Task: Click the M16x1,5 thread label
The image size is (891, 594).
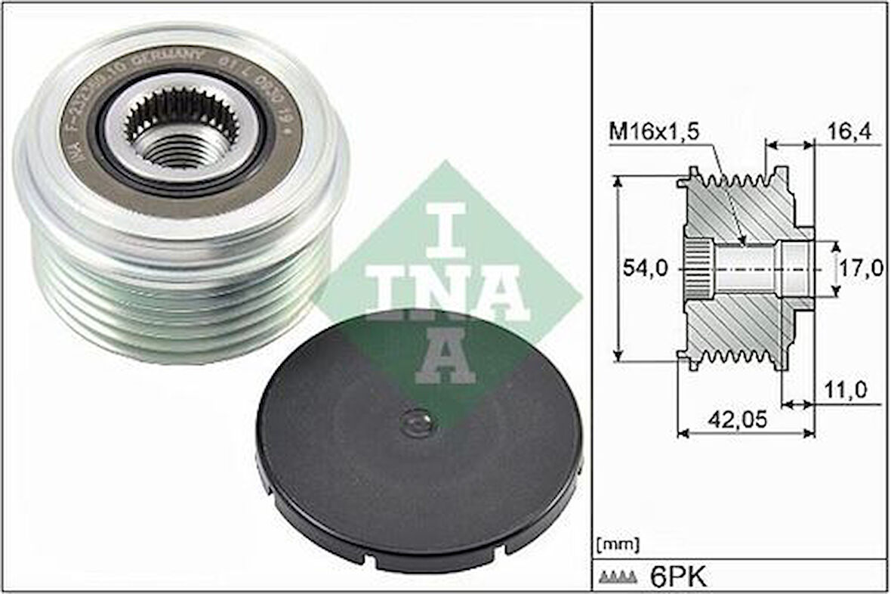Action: [x=654, y=133]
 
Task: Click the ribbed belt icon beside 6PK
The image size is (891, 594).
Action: [x=618, y=578]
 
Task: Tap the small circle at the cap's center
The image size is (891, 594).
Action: [x=418, y=422]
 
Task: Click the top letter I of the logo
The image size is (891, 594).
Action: [x=445, y=227]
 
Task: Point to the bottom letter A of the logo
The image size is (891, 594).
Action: [x=445, y=355]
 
